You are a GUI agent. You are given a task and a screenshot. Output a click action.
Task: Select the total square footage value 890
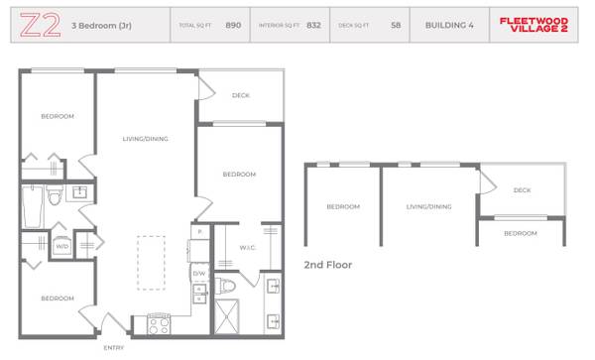pyautogui.click(x=233, y=25)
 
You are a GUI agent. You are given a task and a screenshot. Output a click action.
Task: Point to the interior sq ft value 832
pyautogui.click(x=313, y=25)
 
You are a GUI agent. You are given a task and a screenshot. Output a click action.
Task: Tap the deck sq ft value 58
pyautogui.click(x=396, y=25)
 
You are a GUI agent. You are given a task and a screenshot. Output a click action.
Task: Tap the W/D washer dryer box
pyautogui.click(x=61, y=245)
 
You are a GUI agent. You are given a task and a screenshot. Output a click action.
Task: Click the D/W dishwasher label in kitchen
pyautogui.click(x=198, y=273)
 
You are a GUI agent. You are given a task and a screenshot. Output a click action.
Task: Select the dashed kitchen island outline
pyautogui.click(x=151, y=262)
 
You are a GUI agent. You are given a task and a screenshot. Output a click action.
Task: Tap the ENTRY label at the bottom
pyautogui.click(x=114, y=348)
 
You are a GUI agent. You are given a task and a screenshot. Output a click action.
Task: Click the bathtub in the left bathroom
pyautogui.click(x=32, y=209)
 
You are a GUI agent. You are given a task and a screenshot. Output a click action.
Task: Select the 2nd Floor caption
pyautogui.click(x=327, y=266)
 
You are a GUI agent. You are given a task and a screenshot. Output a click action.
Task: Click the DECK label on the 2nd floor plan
pyautogui.click(x=522, y=190)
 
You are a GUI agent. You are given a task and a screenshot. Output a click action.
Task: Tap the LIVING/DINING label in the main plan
pyautogui.click(x=145, y=139)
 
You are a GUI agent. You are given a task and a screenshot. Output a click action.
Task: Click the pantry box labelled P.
pyautogui.click(x=199, y=232)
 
